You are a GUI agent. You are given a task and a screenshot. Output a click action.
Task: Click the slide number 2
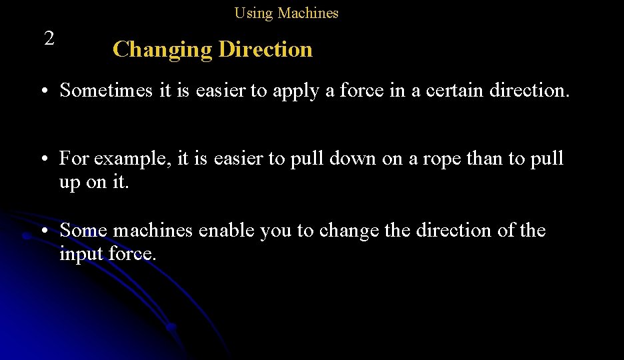click(49, 39)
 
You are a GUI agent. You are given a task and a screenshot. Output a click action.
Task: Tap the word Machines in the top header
click(308, 13)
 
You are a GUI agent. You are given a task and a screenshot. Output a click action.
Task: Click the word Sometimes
click(107, 90)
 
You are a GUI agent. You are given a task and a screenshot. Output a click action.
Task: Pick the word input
click(82, 255)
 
